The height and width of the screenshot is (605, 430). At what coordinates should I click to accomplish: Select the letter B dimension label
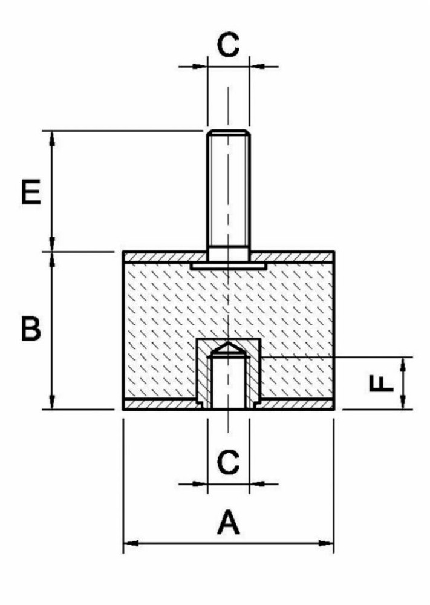tap(31, 330)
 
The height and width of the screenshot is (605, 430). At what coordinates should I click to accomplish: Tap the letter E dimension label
tap(30, 192)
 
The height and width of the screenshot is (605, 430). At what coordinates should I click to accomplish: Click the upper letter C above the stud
tap(228, 45)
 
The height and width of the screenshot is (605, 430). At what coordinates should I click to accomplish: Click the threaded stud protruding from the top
tap(227, 194)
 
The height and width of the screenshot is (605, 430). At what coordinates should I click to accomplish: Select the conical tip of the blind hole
tap(227, 347)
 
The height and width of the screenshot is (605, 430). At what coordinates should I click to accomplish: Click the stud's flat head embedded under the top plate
tap(228, 266)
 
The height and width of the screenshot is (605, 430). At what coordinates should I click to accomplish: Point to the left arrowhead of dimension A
tap(128, 543)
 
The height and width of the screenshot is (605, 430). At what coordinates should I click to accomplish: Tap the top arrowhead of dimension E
tap(52, 136)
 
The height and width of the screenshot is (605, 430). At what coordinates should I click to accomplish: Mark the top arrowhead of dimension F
tap(402, 362)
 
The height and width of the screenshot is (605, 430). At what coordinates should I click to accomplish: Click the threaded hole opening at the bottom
tap(228, 407)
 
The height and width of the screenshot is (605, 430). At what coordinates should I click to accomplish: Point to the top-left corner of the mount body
tap(124, 252)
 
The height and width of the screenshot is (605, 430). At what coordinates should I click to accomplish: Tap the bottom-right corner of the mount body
tap(333, 410)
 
